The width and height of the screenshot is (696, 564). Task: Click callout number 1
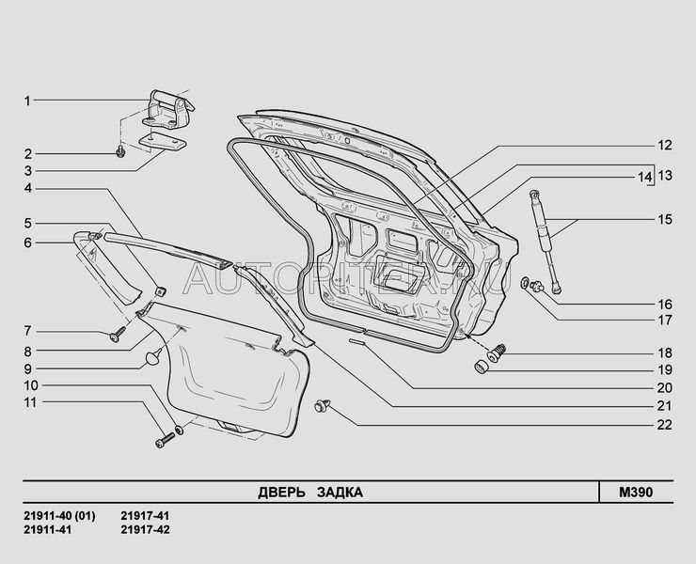pyautogui.click(x=28, y=100)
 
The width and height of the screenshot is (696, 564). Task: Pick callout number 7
pyautogui.click(x=28, y=331)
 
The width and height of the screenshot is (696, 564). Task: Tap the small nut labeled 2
pyautogui.click(x=121, y=152)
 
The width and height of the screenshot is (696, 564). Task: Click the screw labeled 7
pyautogui.click(x=118, y=332)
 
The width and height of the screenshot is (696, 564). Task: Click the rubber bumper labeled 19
pyautogui.click(x=481, y=365)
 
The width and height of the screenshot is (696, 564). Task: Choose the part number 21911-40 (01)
pyautogui.click(x=57, y=516)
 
